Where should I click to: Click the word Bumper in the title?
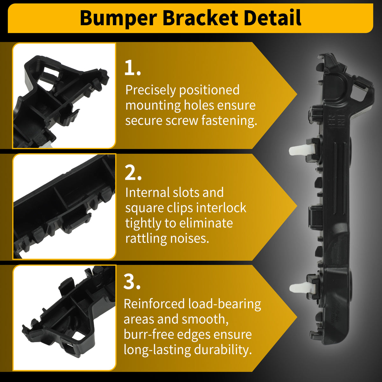(119, 18)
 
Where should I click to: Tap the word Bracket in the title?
(201, 18)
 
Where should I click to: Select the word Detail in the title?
(272, 18)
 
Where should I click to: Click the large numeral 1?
(132, 68)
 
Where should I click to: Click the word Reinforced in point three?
(154, 304)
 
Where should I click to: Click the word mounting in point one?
(153, 106)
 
